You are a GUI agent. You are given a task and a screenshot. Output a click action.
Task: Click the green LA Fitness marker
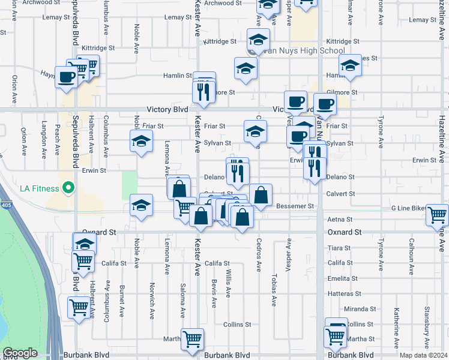(x=68, y=188)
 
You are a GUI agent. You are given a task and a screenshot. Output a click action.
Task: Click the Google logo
(x=20, y=353)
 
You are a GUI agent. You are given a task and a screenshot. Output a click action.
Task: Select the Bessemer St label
(x=295, y=206)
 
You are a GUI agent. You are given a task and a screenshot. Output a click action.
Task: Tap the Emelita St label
(x=342, y=278)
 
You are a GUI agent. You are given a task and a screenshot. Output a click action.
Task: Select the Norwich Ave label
(x=152, y=294)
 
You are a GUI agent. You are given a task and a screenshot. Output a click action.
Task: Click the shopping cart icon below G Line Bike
(x=437, y=214)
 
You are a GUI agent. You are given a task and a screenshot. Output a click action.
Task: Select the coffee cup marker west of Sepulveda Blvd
(x=66, y=77)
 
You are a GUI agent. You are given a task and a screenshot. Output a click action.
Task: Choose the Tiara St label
(x=340, y=248)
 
